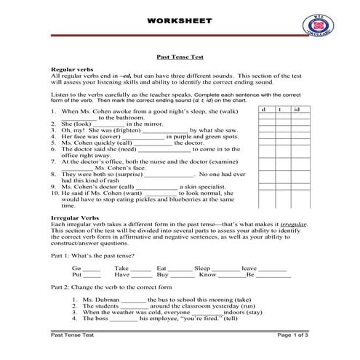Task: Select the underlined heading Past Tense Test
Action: point(180,55)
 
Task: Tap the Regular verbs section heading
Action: point(72,68)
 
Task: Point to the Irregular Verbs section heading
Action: point(76,218)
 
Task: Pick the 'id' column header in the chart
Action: point(296,109)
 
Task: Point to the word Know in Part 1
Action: point(207,276)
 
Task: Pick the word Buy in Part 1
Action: point(162,276)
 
